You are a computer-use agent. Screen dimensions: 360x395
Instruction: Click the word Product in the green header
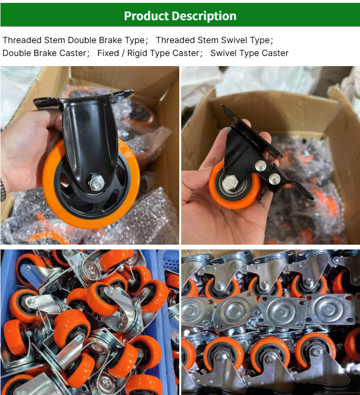click(146, 16)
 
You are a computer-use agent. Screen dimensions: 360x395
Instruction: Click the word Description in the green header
click(204, 16)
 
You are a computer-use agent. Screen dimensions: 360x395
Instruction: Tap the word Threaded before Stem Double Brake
click(22, 40)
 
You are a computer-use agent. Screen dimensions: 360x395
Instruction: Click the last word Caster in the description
click(275, 53)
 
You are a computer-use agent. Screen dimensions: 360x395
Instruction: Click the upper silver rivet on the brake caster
click(260, 166)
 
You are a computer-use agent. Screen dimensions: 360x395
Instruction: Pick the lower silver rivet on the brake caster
click(275, 179)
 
